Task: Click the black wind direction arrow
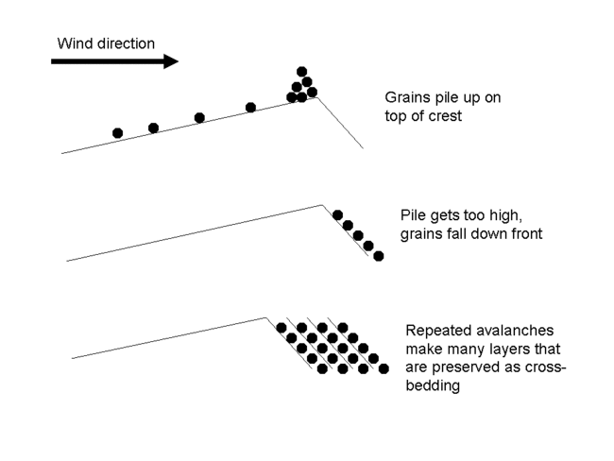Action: coord(113,61)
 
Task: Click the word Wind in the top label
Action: coord(74,43)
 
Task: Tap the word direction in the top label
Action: coord(125,43)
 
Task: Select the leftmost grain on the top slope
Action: coord(117,133)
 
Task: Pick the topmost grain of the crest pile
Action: coord(302,71)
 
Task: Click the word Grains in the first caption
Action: coord(406,97)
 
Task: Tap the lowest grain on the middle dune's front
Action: coord(379,256)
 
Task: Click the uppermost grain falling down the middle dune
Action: coord(338,214)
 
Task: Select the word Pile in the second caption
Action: coord(414,215)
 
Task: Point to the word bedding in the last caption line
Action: coord(432,385)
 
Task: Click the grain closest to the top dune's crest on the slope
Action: coord(250,108)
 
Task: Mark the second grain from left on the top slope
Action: coord(153,128)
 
